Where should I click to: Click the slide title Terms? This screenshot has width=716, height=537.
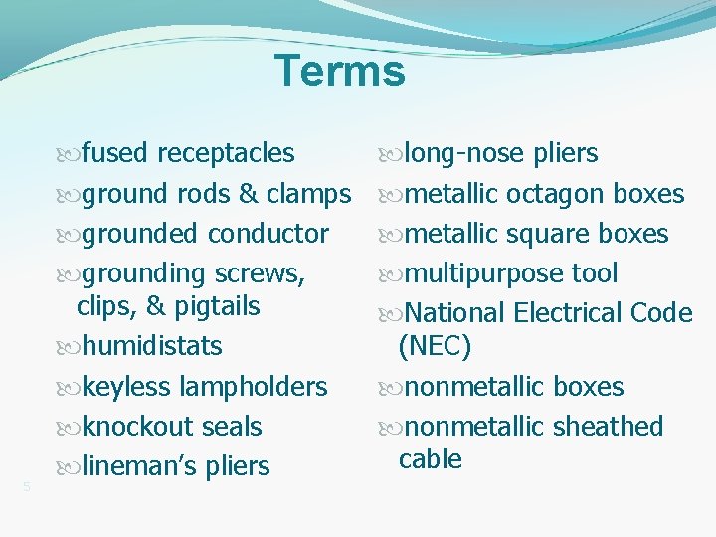coord(340,72)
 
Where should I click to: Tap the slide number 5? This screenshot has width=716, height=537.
coord(27,486)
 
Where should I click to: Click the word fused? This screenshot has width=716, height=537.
coord(115,153)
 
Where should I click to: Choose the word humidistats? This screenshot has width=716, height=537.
coord(152,346)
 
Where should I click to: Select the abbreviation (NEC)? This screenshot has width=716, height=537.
coord(435,346)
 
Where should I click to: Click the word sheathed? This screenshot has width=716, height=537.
coord(608,427)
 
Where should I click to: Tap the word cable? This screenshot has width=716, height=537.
coord(430,459)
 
